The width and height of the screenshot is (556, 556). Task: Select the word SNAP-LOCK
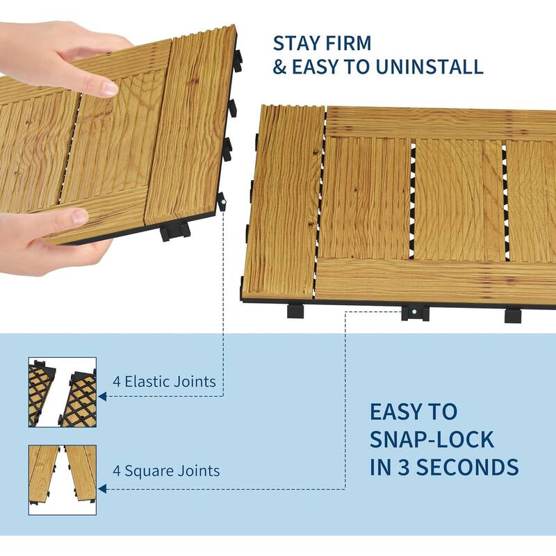pyautogui.click(x=432, y=439)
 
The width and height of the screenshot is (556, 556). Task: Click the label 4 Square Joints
pyautogui.click(x=166, y=471)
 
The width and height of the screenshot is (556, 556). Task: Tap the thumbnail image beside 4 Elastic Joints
pyautogui.click(x=62, y=393)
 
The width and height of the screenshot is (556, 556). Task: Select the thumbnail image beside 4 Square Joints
pyautogui.click(x=62, y=480)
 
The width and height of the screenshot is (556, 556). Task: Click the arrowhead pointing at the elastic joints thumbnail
pyautogui.click(x=101, y=397)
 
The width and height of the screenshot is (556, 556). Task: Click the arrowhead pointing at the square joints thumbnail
pyautogui.click(x=101, y=490)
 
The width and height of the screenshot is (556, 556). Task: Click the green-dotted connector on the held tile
pyautogui.click(x=224, y=204)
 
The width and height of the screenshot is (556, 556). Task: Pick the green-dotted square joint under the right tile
pyautogui.click(x=414, y=313)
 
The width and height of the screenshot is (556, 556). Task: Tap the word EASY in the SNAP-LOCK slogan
pyautogui.click(x=404, y=411)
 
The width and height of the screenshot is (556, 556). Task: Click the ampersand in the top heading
pyautogui.click(x=279, y=67)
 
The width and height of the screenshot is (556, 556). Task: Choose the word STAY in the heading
pyautogui.click(x=297, y=42)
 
